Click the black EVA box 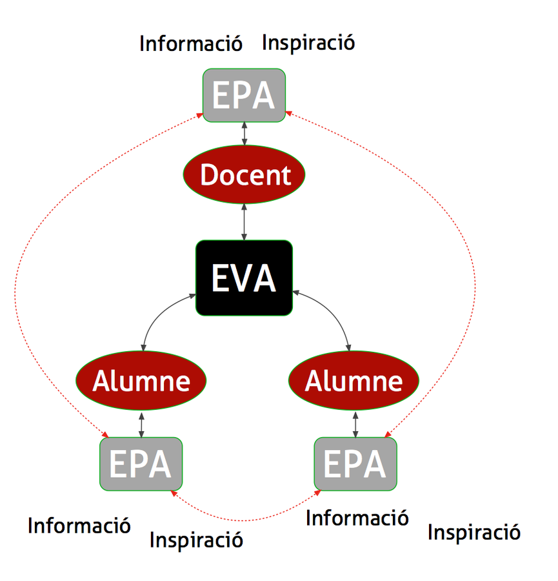tap(244, 278)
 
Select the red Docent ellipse tap(244, 174)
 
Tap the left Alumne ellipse tap(141, 380)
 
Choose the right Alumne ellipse tap(354, 380)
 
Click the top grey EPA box tap(244, 96)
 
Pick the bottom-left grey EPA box tap(141, 464)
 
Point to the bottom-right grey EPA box tap(355, 464)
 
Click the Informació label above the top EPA tap(191, 44)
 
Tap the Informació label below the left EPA tap(79, 525)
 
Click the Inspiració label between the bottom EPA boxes tap(196, 539)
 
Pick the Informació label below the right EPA tap(357, 517)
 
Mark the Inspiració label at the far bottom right tap(474, 533)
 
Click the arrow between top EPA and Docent tap(244, 136)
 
